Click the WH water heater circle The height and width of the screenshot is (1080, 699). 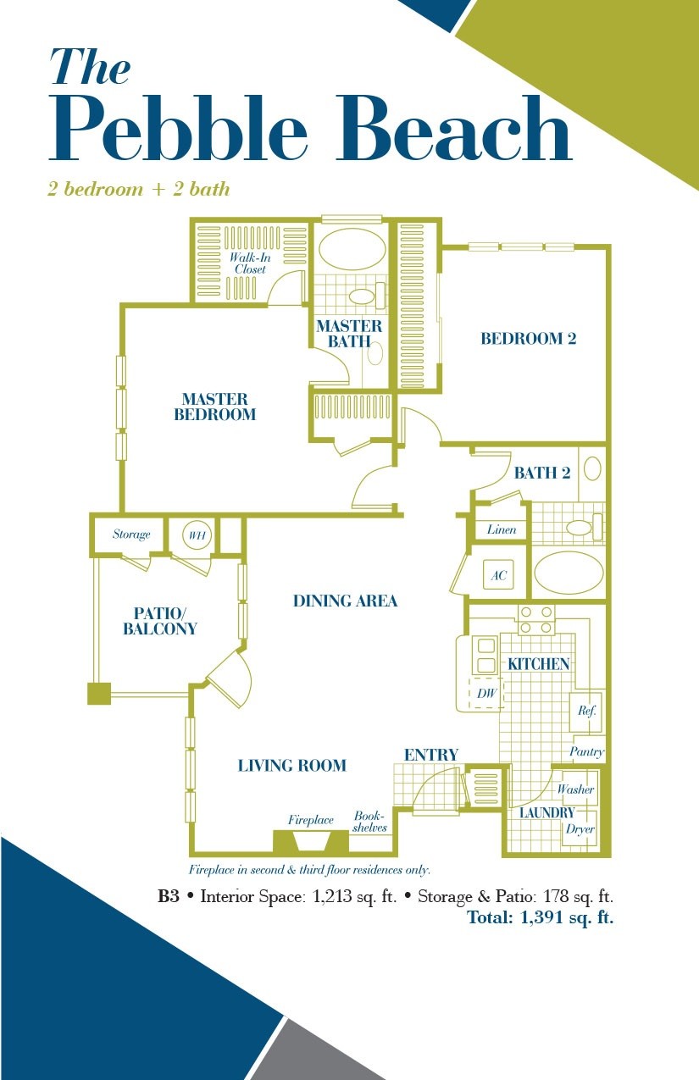[x=197, y=535]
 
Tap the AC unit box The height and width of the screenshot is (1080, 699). [x=498, y=574]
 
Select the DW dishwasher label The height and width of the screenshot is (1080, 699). [x=486, y=693]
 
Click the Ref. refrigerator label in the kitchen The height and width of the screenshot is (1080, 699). [x=586, y=710]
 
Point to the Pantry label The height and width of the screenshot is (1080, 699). [x=586, y=751]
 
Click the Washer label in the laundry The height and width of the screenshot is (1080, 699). [x=575, y=789]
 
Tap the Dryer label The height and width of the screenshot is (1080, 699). [x=580, y=829]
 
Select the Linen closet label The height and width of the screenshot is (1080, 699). [x=502, y=529]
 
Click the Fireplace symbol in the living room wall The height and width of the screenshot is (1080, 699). [x=311, y=842]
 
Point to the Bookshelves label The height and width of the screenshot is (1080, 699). [x=369, y=822]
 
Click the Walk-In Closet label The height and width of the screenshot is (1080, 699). [x=250, y=263]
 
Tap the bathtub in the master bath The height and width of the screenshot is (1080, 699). [x=352, y=249]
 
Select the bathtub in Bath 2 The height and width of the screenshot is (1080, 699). [x=569, y=573]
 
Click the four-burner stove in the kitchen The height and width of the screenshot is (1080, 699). [x=536, y=619]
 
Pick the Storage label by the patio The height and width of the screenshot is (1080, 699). [x=131, y=534]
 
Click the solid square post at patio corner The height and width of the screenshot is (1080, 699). [x=99, y=694]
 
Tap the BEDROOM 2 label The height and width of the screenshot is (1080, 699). [x=528, y=339]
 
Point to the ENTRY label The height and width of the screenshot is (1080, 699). [x=430, y=755]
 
